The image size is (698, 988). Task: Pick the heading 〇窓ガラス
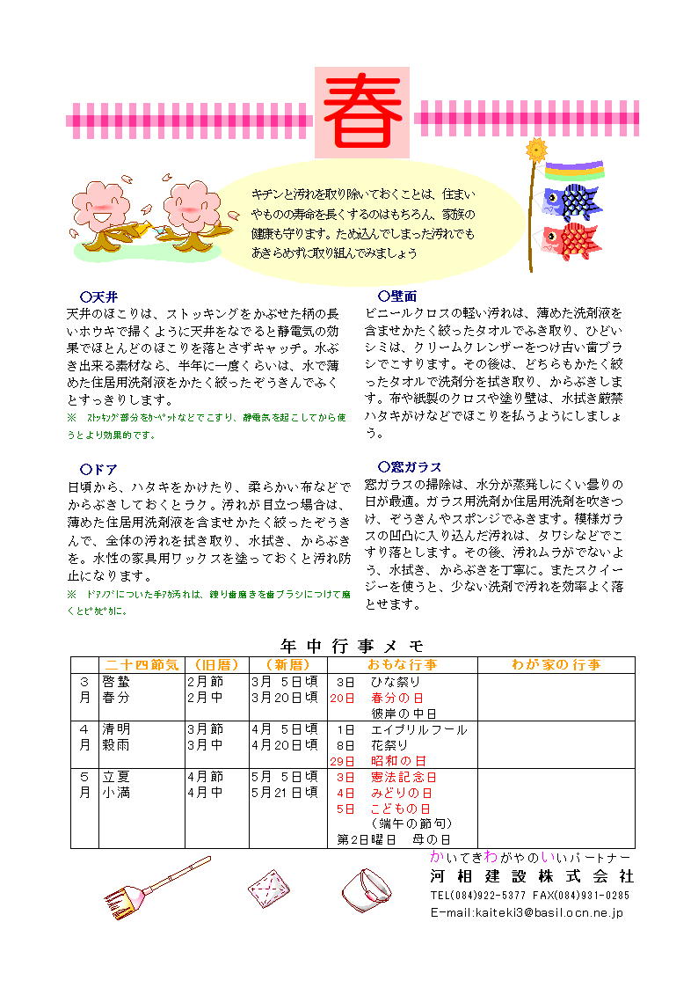coord(409,466)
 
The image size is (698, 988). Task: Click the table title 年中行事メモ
coord(352,645)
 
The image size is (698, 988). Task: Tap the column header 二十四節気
coord(142,664)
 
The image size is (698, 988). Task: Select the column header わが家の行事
coord(556,664)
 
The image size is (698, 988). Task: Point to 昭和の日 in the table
coord(398,760)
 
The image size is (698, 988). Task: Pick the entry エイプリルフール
coord(418,729)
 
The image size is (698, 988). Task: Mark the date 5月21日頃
coord(284,792)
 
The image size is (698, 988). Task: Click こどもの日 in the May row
coord(401,808)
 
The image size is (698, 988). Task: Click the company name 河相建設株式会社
coord(531,877)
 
